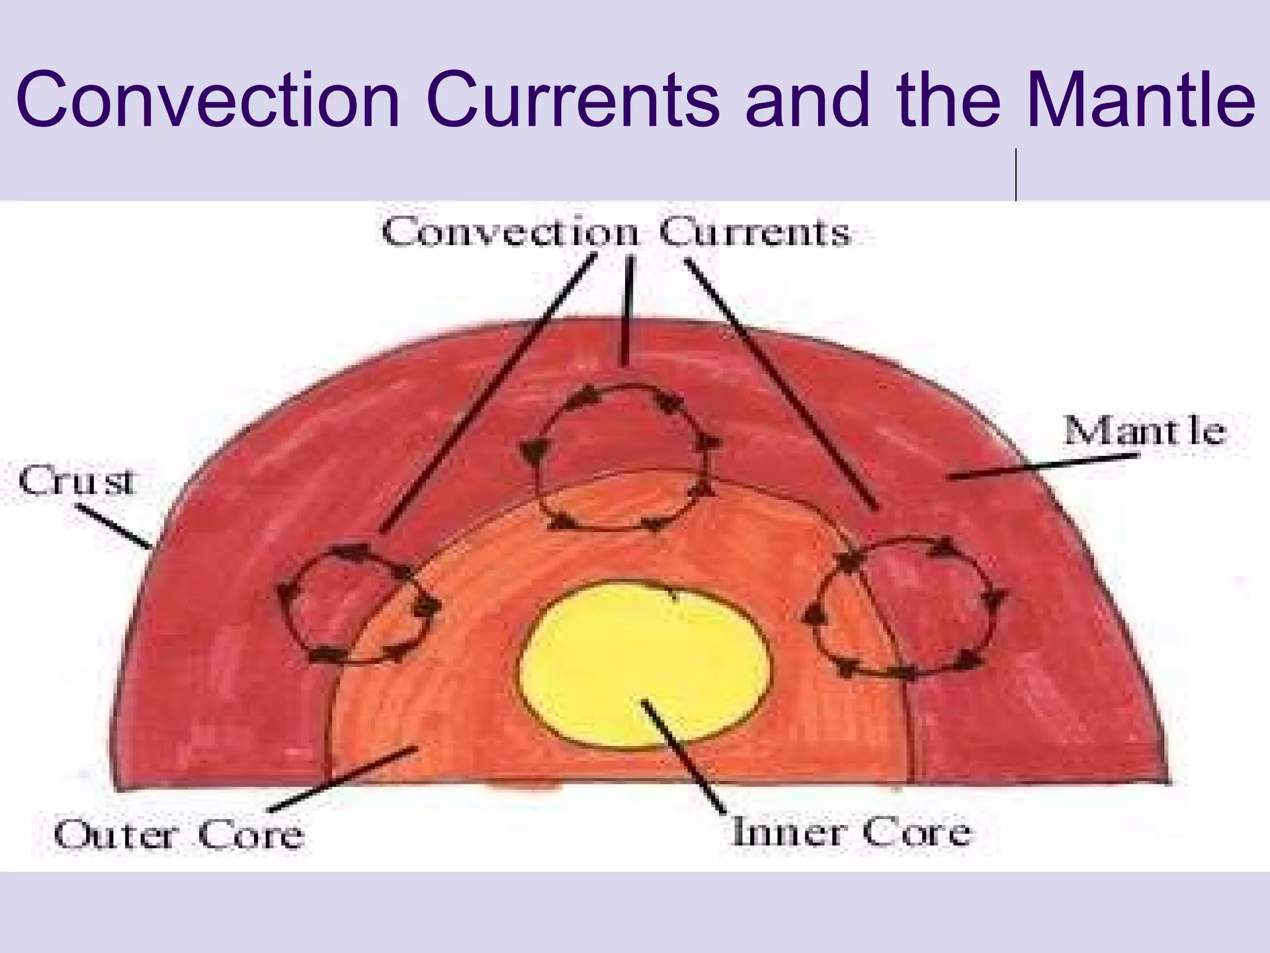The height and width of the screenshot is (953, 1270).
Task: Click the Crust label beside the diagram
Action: coord(76,482)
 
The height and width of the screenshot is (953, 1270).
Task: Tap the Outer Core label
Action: coord(179,834)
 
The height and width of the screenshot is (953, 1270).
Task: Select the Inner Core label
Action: coord(851,831)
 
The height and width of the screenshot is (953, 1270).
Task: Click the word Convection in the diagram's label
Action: coord(510,233)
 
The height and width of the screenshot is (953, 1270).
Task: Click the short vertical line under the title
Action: coord(1016,175)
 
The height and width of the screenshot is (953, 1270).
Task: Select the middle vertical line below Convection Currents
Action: coord(629,310)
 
